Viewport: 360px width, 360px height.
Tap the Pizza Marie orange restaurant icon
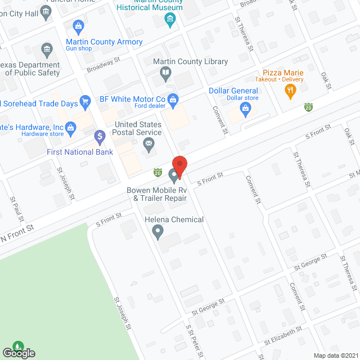click(290, 91)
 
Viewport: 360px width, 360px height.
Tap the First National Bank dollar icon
click(100, 136)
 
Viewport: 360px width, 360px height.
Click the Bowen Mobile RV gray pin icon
click(174, 177)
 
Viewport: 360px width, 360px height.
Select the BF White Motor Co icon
click(173, 99)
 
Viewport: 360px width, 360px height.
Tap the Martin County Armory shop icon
click(78, 25)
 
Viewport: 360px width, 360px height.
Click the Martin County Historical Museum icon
click(170, 20)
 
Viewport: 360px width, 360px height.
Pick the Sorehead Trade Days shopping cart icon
click(85, 102)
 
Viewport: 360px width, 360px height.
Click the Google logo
click(18, 353)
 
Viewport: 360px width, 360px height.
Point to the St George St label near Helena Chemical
click(208, 306)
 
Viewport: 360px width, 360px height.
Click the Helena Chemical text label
click(174, 219)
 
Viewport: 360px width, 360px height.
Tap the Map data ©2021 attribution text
click(335, 355)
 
